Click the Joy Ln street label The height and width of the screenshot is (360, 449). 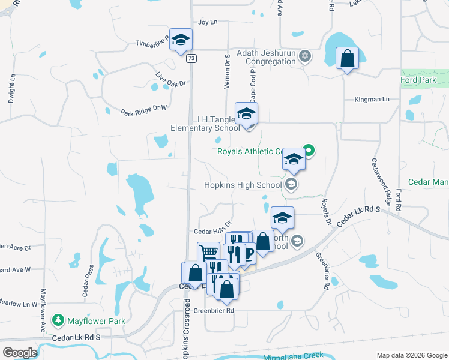click(207, 22)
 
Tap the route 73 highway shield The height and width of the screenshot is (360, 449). click(191, 58)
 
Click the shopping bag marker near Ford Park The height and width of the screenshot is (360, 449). click(347, 59)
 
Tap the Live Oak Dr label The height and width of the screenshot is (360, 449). click(170, 80)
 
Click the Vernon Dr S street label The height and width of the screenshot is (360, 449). click(228, 71)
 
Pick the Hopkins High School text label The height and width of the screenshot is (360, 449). click(243, 185)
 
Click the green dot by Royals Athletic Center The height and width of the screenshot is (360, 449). click(309, 149)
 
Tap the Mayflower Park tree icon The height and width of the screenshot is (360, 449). click(58, 321)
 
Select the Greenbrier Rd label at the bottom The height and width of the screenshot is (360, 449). click(213, 311)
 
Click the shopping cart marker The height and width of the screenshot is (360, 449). click(208, 253)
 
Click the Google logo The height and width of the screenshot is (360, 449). click(20, 353)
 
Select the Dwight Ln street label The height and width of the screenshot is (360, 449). click(11, 88)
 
